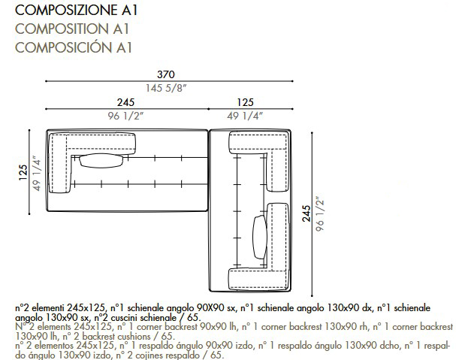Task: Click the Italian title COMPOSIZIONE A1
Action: (76, 11)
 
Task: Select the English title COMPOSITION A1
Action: (72, 29)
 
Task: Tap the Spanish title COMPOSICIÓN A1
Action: (74, 47)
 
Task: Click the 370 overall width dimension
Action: (166, 74)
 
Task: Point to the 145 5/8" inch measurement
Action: (166, 88)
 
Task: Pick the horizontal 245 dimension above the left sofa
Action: (125, 102)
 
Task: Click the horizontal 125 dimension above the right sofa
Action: (245, 102)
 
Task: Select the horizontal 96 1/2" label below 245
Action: (125, 116)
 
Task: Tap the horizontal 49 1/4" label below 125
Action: (245, 116)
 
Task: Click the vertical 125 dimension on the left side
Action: (23, 172)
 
